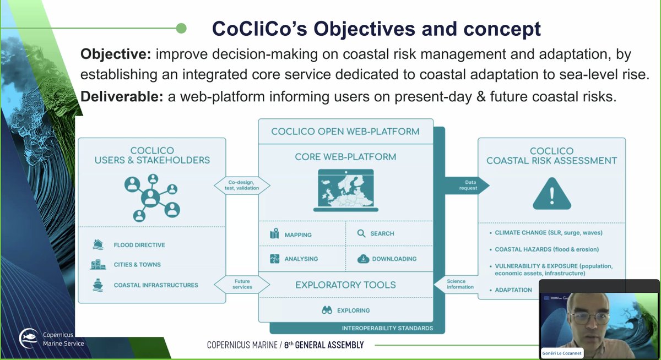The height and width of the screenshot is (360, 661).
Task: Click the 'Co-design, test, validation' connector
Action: pyautogui.click(x=243, y=184)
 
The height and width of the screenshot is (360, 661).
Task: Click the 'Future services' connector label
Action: pyautogui.click(x=242, y=284)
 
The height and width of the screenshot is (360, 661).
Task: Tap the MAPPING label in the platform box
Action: pyautogui.click(x=298, y=234)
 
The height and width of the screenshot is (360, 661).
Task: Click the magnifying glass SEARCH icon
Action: pyautogui.click(x=361, y=233)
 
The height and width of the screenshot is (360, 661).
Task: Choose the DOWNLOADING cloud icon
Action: pyautogui.click(x=362, y=258)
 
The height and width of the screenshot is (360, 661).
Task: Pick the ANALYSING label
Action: pyautogui.click(x=301, y=259)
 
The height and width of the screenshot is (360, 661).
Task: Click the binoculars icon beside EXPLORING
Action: pyautogui.click(x=327, y=310)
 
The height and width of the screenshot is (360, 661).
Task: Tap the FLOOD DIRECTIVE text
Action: pyautogui.click(x=139, y=245)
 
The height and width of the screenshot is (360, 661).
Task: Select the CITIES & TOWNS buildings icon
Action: pyautogui.click(x=98, y=265)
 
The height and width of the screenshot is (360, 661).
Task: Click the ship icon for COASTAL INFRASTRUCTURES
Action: pyautogui.click(x=98, y=285)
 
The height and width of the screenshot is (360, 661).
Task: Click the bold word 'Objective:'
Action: pyautogui.click(x=115, y=54)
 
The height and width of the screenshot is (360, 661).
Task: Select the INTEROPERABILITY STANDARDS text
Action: pyautogui.click(x=387, y=328)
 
